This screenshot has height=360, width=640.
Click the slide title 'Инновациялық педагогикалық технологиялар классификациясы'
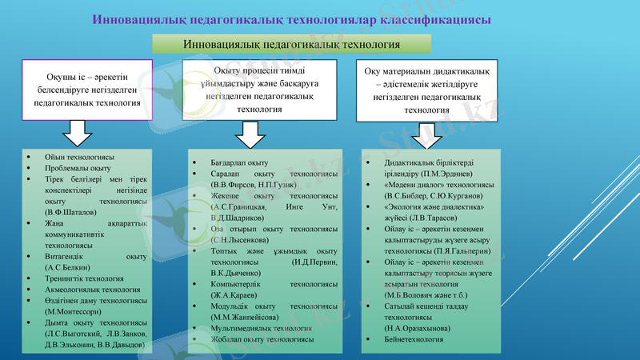coord(292,18)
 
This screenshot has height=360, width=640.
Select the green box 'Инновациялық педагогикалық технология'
coord(291,45)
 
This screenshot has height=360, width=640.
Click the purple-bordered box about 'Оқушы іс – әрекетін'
coord(86,90)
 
